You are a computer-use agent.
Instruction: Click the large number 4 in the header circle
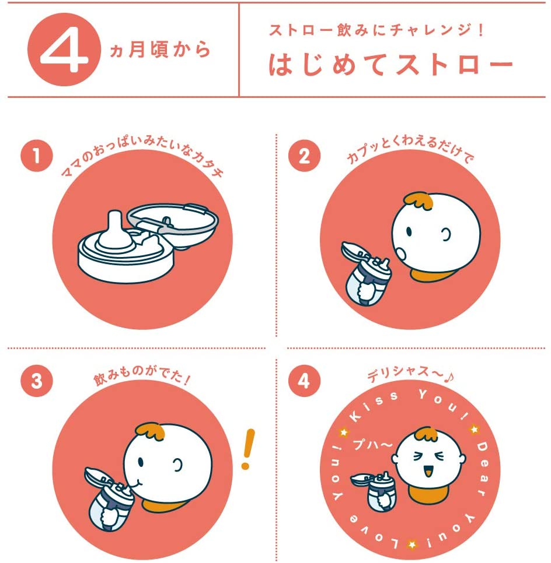tap(64, 50)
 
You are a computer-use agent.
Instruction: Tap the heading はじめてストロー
tap(391, 65)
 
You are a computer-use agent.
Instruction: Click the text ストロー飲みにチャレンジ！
tap(376, 30)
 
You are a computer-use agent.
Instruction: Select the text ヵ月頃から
tap(160, 50)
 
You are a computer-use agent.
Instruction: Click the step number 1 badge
tap(37, 156)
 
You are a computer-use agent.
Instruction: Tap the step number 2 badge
tap(304, 156)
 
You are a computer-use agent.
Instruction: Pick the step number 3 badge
tap(37, 381)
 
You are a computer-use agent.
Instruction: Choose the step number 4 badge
tap(304, 381)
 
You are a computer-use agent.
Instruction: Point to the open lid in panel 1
tap(173, 224)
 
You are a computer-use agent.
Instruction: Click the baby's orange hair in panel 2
tap(418, 200)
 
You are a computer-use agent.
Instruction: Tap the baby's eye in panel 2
tap(409, 231)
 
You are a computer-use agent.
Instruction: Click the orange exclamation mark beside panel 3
tap(247, 449)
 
